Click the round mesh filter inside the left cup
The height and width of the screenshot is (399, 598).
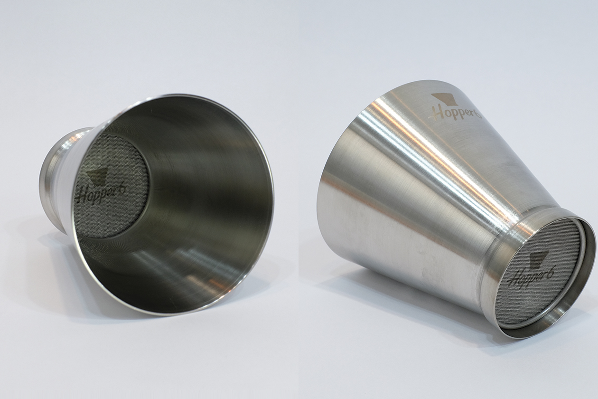click(x=111, y=185)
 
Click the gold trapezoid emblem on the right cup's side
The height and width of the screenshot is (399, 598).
click(x=444, y=99)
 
